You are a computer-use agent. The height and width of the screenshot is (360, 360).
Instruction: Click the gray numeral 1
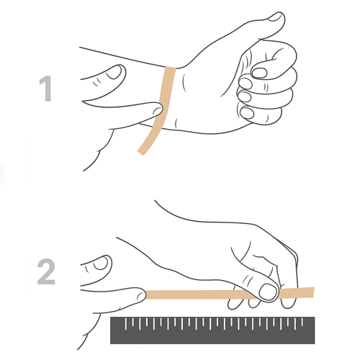46,89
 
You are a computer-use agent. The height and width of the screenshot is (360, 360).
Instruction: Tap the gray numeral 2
46,273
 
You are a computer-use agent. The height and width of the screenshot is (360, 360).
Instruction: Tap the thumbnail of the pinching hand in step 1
114,71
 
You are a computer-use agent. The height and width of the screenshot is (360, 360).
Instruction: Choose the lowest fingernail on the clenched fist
247,112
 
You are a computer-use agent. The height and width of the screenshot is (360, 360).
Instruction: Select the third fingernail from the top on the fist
244,96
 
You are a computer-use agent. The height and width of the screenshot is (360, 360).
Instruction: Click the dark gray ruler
212,330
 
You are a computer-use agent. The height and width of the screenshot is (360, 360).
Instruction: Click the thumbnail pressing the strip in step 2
269,292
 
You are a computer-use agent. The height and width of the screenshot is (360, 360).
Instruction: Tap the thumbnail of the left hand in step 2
96,264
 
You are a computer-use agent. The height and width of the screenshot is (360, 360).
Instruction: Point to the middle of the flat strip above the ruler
202,294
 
